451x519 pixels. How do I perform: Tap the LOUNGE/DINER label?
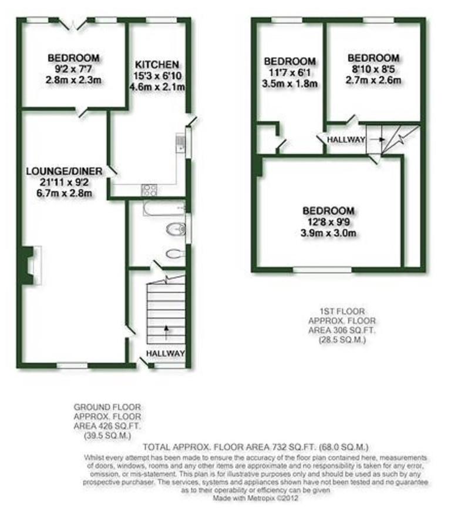(x=65, y=171)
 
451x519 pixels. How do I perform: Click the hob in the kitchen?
(x=149, y=190)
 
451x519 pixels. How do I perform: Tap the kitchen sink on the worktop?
(x=180, y=143)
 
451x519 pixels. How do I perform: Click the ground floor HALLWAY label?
(x=166, y=354)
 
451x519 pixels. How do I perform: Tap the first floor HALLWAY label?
(x=346, y=140)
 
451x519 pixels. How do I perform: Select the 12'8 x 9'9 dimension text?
(x=328, y=222)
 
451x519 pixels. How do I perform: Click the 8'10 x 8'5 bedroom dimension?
(x=373, y=69)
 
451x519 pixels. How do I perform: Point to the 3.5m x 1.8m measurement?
(x=290, y=83)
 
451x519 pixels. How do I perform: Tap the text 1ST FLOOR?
(x=342, y=311)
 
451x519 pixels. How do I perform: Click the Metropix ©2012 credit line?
(x=255, y=498)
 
